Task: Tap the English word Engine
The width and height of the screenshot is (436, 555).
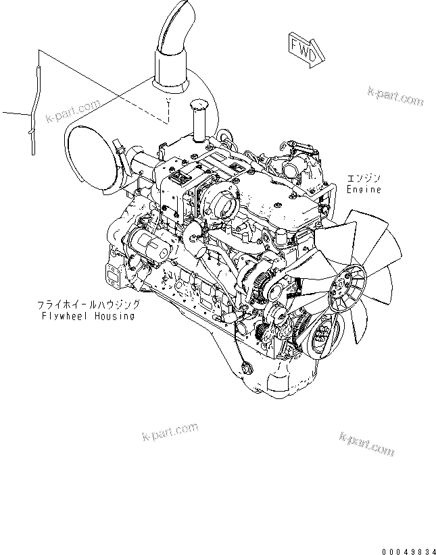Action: [364, 190]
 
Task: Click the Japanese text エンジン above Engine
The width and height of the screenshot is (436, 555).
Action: [364, 178]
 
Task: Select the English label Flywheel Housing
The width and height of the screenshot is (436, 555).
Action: [87, 315]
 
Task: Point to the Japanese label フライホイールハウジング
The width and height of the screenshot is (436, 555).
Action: [88, 305]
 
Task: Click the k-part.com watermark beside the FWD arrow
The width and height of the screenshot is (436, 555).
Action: [395, 96]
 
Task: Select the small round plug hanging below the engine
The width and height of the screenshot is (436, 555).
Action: [245, 369]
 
